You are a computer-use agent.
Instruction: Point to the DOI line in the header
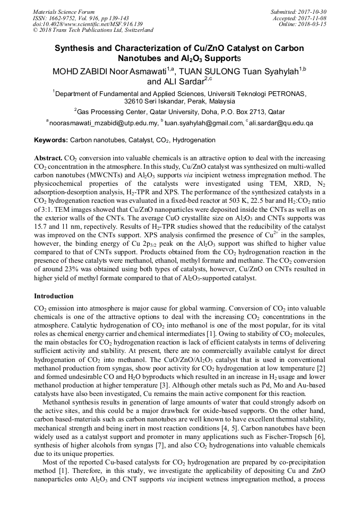tap(88, 24)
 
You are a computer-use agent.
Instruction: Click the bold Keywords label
tap(51, 141)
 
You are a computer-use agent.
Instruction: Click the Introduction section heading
tap(54, 296)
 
